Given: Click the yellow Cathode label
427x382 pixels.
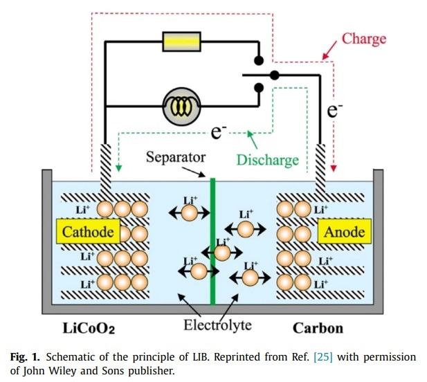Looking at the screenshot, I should point(88,232).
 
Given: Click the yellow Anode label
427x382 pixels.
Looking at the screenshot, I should point(344,232).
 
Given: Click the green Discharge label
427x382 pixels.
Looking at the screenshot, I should point(266,161).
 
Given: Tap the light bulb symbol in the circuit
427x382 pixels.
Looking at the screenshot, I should point(181,107).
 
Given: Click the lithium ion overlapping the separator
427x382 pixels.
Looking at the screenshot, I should point(221,253).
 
